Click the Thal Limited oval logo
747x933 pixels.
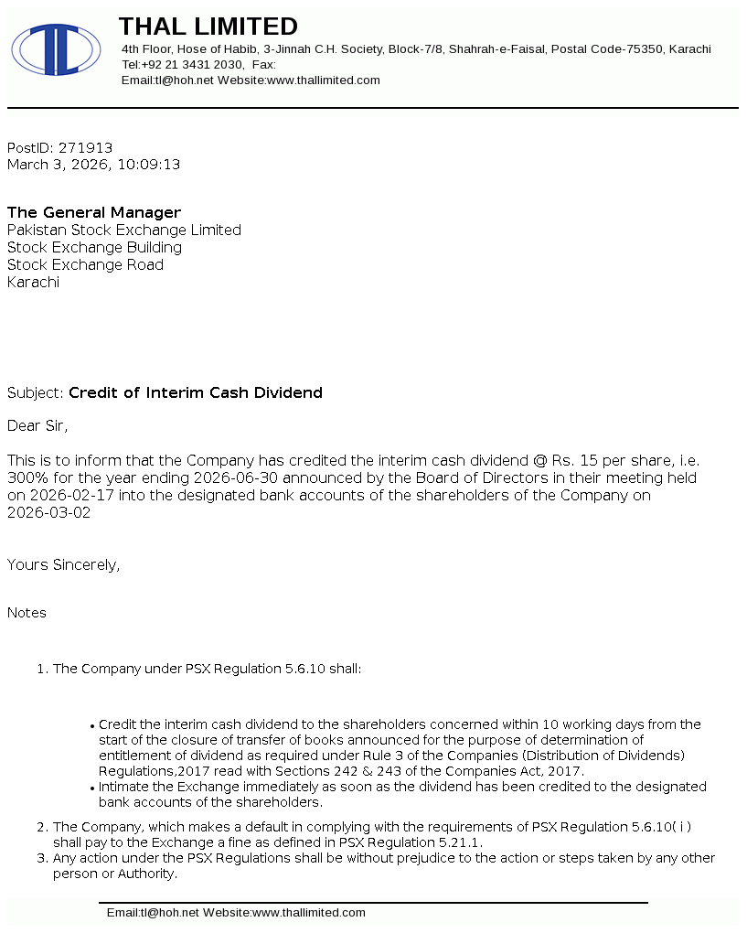point(56,49)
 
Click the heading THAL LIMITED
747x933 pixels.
point(208,27)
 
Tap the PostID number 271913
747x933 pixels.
point(85,148)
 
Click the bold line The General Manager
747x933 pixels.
point(94,213)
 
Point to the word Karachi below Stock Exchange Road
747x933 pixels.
point(33,283)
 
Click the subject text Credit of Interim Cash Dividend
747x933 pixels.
point(196,393)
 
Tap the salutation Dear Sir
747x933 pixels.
point(37,425)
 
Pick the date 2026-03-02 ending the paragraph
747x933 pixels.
point(48,513)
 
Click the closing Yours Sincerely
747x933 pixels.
point(63,565)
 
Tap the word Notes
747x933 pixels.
point(27,613)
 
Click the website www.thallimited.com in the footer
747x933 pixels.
point(308,913)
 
